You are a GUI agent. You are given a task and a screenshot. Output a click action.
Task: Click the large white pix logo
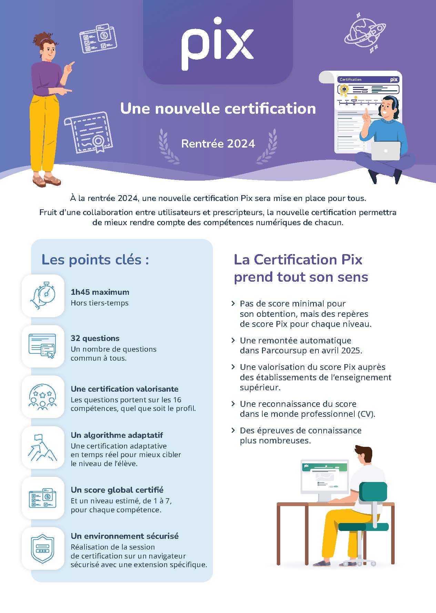[x=217, y=43]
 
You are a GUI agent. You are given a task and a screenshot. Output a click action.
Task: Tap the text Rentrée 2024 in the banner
[x=218, y=143]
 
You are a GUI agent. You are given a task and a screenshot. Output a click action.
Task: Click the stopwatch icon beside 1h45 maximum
[x=43, y=295]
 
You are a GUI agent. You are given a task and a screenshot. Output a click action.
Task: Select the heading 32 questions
[x=95, y=338]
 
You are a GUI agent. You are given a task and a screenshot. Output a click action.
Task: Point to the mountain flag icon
[x=42, y=448]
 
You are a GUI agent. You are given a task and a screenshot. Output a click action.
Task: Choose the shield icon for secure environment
[x=42, y=549]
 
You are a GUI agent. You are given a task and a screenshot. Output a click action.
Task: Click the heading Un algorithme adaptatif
[x=117, y=435]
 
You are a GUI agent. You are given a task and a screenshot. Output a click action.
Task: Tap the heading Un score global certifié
[x=117, y=490]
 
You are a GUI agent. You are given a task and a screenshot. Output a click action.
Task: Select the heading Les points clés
[x=95, y=260]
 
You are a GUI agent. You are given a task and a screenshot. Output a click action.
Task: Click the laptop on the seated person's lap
[x=386, y=151]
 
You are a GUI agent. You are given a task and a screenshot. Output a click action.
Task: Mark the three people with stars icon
[x=42, y=397]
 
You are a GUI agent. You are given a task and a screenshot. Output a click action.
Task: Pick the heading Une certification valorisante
[x=124, y=389]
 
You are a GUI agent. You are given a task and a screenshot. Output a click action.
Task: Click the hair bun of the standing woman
[x=39, y=37]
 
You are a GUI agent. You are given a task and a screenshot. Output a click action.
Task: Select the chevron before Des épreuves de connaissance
[x=233, y=430]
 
